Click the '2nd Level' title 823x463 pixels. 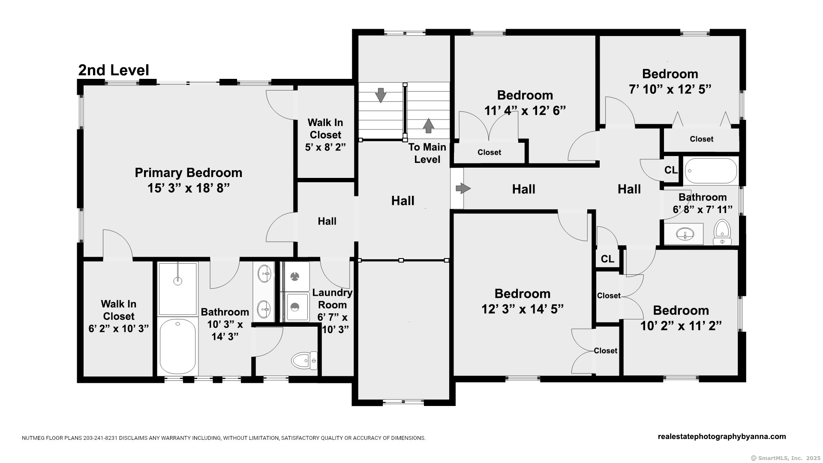pyautogui.click(x=114, y=70)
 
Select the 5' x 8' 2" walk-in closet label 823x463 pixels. pyautogui.click(x=325, y=135)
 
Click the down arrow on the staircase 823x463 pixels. pyautogui.click(x=380, y=95)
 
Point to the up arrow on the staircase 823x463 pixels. pyautogui.click(x=428, y=126)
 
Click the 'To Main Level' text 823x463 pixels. pyautogui.click(x=427, y=153)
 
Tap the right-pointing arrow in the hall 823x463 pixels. pyautogui.click(x=463, y=188)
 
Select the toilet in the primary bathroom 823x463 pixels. pyautogui.click(x=304, y=361)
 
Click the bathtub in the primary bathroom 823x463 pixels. pyautogui.click(x=177, y=346)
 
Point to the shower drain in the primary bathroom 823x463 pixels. pyautogui.click(x=177, y=281)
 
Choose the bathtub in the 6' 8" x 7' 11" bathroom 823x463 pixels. pyautogui.click(x=711, y=171)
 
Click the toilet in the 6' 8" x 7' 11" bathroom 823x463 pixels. pyautogui.click(x=722, y=232)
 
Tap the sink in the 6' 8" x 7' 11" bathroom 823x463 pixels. pyautogui.click(x=685, y=234)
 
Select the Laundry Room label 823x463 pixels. pyautogui.click(x=332, y=298)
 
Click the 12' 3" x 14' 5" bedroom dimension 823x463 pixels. pyautogui.click(x=523, y=309)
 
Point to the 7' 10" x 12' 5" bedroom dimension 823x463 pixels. pyautogui.click(x=670, y=89)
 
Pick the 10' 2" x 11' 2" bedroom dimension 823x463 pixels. pyautogui.click(x=681, y=326)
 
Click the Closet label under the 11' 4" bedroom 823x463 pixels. pyautogui.click(x=489, y=152)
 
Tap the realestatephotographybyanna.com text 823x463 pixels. pyautogui.click(x=722, y=436)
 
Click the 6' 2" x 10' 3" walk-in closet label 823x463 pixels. pyautogui.click(x=119, y=316)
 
